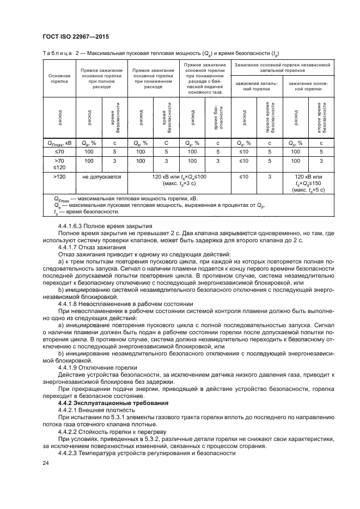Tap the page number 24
[45, 463]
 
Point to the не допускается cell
[102, 177]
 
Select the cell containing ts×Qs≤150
[308, 183]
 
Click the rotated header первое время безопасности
[270, 117]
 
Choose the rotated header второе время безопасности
[321, 117]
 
